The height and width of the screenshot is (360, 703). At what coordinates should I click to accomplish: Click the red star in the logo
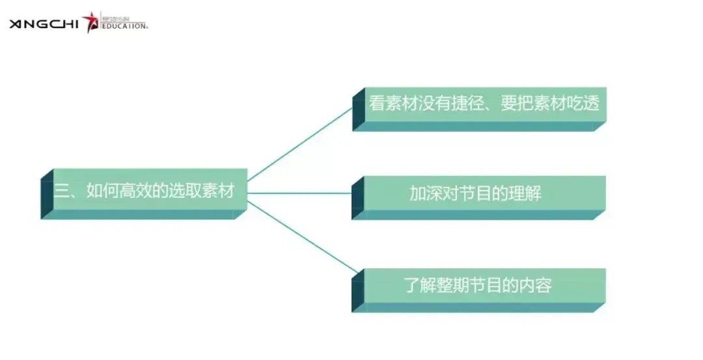coord(90,21)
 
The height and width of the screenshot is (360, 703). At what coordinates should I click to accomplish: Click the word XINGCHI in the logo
coord(44,23)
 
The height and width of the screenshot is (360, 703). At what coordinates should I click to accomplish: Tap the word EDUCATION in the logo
coord(124,26)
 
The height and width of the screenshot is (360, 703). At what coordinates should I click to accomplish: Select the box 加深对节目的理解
coord(479,198)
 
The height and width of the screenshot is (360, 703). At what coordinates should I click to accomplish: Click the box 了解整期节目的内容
coord(479,290)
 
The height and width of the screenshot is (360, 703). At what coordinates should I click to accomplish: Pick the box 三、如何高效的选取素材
coord(144,194)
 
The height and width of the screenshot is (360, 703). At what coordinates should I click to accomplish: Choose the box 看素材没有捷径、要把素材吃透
coord(479,109)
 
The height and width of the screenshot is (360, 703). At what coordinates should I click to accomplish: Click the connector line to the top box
coord(300,145)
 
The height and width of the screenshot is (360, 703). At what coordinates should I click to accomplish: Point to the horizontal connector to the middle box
coord(299,193)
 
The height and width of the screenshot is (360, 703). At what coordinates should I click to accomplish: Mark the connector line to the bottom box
coord(303,237)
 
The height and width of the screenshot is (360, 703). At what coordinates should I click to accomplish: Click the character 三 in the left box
coord(61,191)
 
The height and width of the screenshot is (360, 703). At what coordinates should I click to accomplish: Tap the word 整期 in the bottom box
coord(453,285)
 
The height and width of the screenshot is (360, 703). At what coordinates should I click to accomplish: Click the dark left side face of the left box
coord(47,194)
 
